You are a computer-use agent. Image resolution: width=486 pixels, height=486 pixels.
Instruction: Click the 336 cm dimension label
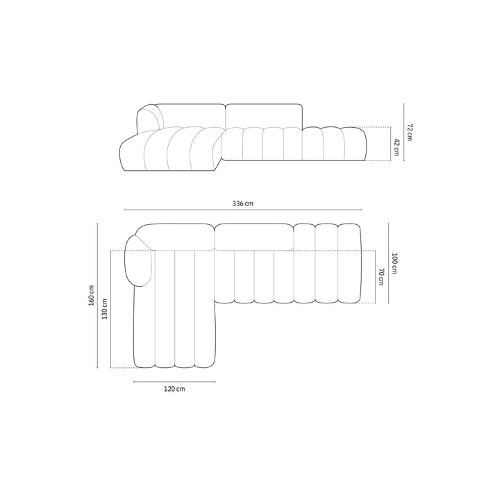pyautogui.click(x=243, y=203)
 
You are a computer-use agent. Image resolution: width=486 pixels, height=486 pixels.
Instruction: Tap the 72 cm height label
pyautogui.click(x=410, y=132)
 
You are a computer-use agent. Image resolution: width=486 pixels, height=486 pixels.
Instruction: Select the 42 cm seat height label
pyautogui.click(x=396, y=147)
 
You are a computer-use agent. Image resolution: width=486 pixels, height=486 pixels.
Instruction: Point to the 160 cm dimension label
pyautogui.click(x=92, y=295)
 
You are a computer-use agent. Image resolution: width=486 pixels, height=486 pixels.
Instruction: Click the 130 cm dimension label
pyautogui.click(x=104, y=309)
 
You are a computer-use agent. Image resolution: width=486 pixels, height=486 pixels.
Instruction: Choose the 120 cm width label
pyautogui.click(x=174, y=389)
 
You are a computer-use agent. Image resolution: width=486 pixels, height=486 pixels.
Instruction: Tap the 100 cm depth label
pyautogui.click(x=394, y=263)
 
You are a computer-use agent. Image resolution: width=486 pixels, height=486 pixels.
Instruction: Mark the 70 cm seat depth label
pyautogui.click(x=381, y=277)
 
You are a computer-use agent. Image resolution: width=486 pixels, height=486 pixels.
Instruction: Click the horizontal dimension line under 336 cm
pyautogui.click(x=243, y=210)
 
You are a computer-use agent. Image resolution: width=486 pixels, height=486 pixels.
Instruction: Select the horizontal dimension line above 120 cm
pyautogui.click(x=174, y=382)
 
